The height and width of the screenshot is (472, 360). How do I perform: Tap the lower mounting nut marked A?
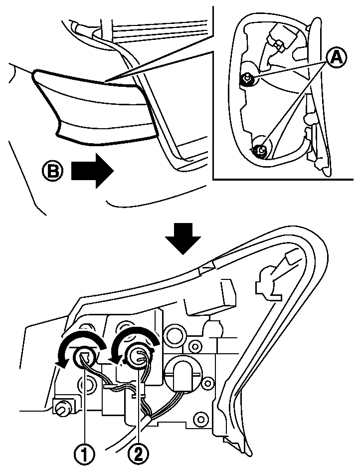pyautogui.click(x=259, y=149)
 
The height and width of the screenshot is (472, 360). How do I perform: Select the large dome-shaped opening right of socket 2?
pyautogui.click(x=183, y=372)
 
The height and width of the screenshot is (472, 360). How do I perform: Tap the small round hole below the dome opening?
pyautogui.click(x=200, y=416)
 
